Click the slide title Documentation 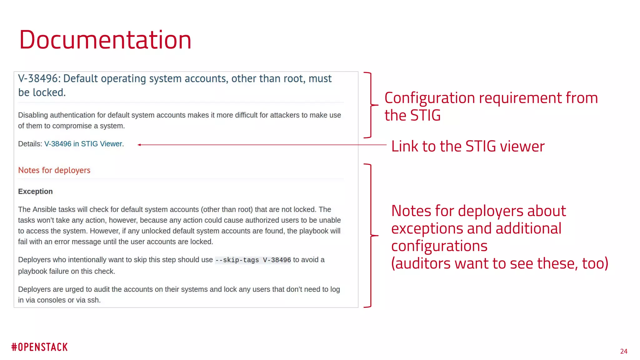(x=105, y=40)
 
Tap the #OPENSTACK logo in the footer (x=39, y=347)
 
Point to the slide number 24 (x=623, y=351)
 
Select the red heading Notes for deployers (x=54, y=170)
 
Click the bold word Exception (x=35, y=191)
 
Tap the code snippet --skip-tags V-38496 (x=253, y=260)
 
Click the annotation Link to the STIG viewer (x=467, y=146)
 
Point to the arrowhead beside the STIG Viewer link (x=139, y=145)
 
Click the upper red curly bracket (x=371, y=105)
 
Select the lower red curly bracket (x=371, y=236)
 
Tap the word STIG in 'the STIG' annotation (x=425, y=115)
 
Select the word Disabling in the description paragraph (x=33, y=115)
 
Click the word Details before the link (x=29, y=144)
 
